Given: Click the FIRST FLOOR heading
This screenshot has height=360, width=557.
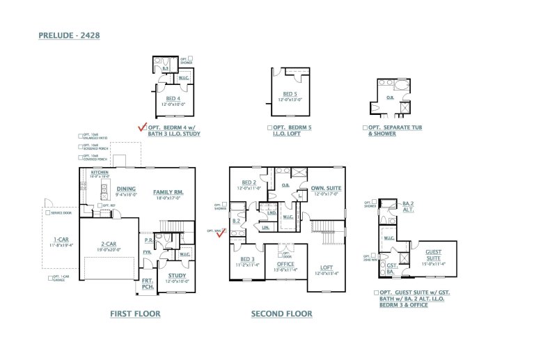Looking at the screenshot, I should click(x=135, y=314).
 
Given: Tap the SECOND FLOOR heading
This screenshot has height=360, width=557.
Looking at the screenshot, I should click(x=281, y=314).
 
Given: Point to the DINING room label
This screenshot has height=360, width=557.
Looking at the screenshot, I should click(x=126, y=189).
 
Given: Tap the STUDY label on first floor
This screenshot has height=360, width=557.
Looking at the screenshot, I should click(x=177, y=275).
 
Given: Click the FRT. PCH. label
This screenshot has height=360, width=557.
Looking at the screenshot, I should click(x=148, y=283).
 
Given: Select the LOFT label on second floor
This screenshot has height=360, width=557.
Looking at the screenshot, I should click(x=326, y=267).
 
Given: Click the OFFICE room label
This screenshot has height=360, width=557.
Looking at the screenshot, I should click(x=285, y=264).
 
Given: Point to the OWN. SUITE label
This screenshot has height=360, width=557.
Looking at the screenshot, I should click(x=326, y=188).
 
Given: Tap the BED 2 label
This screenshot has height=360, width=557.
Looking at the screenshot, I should click(x=248, y=182).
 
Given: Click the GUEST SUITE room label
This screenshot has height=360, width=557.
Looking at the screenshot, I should click(x=433, y=254).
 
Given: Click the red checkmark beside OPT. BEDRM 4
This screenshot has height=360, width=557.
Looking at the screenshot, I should click(x=143, y=127).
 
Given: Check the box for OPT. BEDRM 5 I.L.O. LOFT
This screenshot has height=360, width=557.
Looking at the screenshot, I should click(x=269, y=128).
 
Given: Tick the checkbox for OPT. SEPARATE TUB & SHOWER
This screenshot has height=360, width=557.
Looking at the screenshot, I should click(x=365, y=128).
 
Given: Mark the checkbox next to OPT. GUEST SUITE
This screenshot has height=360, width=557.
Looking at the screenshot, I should click(x=376, y=293).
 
